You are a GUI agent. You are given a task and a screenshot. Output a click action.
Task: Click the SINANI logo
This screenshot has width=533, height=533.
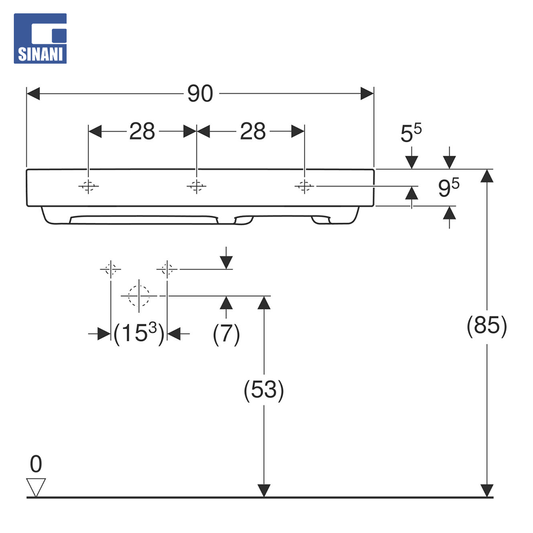(x=40, y=38)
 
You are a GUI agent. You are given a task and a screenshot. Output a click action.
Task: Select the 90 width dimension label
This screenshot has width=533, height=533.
(x=200, y=93)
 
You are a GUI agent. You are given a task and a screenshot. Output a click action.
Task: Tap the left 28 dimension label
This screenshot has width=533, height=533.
(x=142, y=131)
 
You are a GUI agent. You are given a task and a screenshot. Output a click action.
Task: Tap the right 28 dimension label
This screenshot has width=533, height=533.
(x=253, y=131)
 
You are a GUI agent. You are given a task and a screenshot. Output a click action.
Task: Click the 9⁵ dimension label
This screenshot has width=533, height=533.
(x=449, y=188)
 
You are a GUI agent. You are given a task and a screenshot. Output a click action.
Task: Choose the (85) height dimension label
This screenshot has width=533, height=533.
(x=487, y=326)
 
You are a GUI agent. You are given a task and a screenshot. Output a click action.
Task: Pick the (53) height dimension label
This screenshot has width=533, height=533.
(x=264, y=390)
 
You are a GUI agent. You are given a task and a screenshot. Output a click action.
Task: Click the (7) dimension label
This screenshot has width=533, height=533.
(x=227, y=334)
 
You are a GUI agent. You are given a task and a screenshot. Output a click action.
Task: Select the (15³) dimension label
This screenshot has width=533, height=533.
(x=139, y=333)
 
